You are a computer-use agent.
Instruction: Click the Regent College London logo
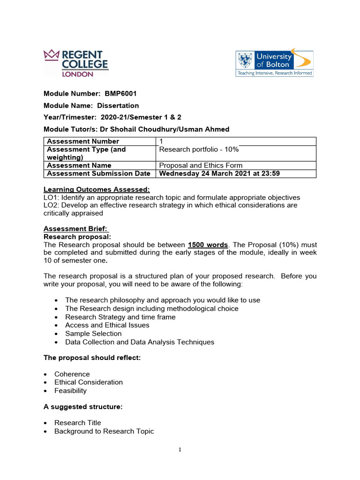tap(75, 62)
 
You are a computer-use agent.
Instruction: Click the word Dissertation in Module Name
tap(118, 105)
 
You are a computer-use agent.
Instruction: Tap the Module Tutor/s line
tap(136, 129)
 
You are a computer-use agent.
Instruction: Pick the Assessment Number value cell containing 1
tap(161, 141)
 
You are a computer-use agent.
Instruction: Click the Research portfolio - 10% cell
tap(199, 149)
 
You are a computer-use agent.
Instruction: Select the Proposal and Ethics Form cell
tap(201, 165)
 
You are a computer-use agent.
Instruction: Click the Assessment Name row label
tap(79, 165)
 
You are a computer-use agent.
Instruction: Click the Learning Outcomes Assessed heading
tap(97, 189)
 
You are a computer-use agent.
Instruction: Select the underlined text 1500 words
tap(208, 245)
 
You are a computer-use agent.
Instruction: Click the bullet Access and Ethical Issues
tap(107, 325)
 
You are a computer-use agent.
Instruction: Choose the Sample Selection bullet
tap(93, 333)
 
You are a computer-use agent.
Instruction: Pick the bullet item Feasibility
tap(70, 390)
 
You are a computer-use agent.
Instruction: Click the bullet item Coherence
tap(72, 374)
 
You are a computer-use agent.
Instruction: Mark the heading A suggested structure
tap(83, 407)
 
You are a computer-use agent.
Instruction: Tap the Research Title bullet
tap(77, 423)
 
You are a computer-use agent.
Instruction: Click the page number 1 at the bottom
tap(180, 450)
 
